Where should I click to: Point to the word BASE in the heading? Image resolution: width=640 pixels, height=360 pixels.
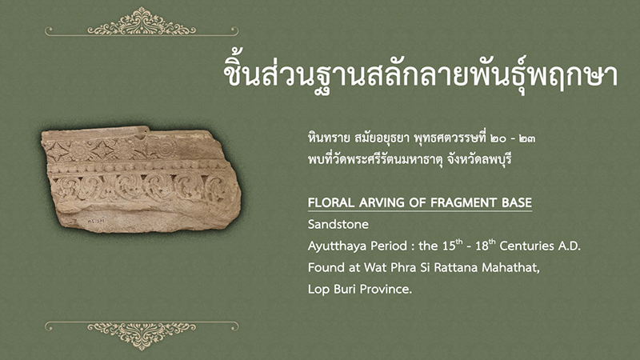(516, 202)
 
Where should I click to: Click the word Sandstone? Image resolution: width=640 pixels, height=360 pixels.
(338, 224)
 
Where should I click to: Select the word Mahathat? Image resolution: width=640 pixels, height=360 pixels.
(510, 267)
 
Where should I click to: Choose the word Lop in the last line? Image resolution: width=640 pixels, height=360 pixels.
(318, 290)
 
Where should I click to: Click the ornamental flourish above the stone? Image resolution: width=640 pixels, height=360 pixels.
(142, 22)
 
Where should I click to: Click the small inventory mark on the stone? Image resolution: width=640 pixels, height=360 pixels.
(96, 221)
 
